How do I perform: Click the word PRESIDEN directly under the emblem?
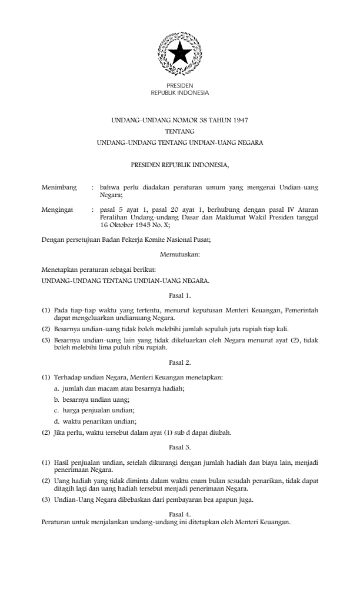(x=179, y=86)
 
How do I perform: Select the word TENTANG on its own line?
(x=179, y=131)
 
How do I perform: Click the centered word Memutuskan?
(x=179, y=255)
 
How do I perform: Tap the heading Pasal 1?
(x=179, y=294)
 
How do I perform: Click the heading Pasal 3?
(x=179, y=447)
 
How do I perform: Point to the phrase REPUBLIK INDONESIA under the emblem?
(x=179, y=93)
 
